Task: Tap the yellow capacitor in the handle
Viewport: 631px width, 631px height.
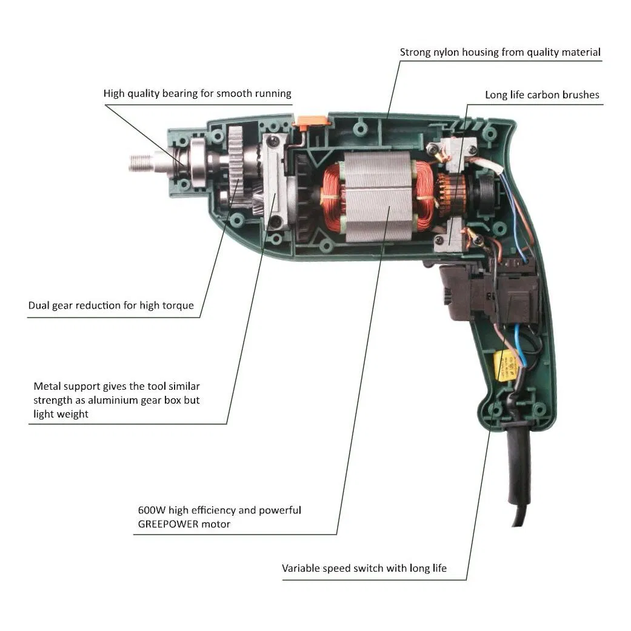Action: tap(504, 366)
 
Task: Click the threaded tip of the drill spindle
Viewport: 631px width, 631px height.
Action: tap(140, 162)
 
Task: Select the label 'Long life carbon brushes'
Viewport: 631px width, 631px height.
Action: tap(542, 95)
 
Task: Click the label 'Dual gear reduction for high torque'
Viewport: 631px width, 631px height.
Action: tap(111, 305)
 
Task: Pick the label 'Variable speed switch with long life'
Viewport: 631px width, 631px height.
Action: tap(364, 568)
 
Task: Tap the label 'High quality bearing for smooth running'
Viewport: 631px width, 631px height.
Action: tap(197, 93)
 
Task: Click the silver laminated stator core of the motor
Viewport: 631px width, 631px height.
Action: tap(378, 197)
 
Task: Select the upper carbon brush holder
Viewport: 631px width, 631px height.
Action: tap(452, 151)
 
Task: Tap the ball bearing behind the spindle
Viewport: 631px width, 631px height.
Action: tap(197, 162)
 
